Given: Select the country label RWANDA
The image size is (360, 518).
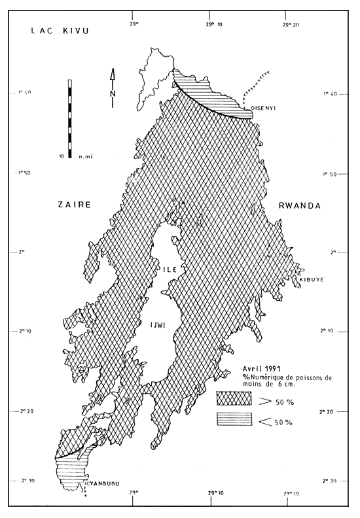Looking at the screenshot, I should click(x=300, y=205).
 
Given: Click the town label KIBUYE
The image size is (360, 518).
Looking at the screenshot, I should click(x=312, y=280).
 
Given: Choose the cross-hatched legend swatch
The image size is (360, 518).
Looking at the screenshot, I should click(x=234, y=398).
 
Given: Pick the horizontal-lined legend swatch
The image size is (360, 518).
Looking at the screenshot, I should click(x=234, y=421).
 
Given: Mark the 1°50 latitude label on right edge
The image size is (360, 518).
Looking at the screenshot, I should click(x=333, y=174).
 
